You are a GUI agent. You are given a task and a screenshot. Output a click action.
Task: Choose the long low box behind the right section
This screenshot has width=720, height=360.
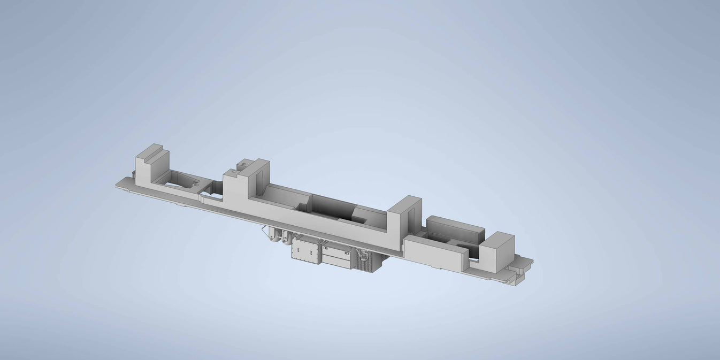455,228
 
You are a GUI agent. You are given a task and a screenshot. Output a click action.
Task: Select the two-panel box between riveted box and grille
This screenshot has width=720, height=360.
337,257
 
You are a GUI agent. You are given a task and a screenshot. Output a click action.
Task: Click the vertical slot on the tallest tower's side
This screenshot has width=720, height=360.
261,176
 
